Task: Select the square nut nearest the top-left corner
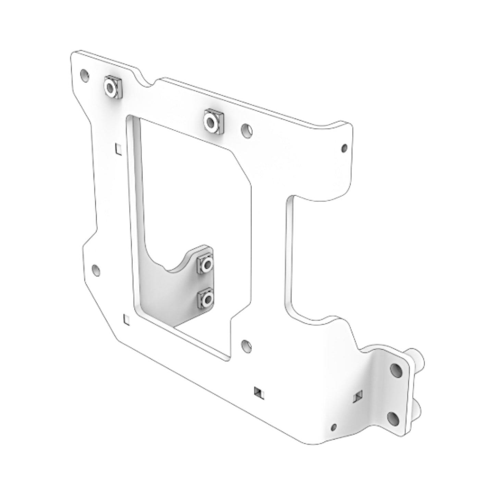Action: (112, 87)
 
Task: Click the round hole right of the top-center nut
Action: (247, 130)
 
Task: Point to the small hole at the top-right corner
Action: (345, 148)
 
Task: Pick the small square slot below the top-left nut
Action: (119, 149)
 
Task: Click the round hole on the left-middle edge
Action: (97, 271)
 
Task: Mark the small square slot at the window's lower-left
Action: (126, 319)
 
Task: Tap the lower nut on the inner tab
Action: (206, 299)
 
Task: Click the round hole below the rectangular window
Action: (246, 345)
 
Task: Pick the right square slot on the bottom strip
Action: (358, 396)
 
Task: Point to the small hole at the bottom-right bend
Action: (334, 427)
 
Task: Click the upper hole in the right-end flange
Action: (396, 369)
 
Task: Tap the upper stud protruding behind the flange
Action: (419, 358)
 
